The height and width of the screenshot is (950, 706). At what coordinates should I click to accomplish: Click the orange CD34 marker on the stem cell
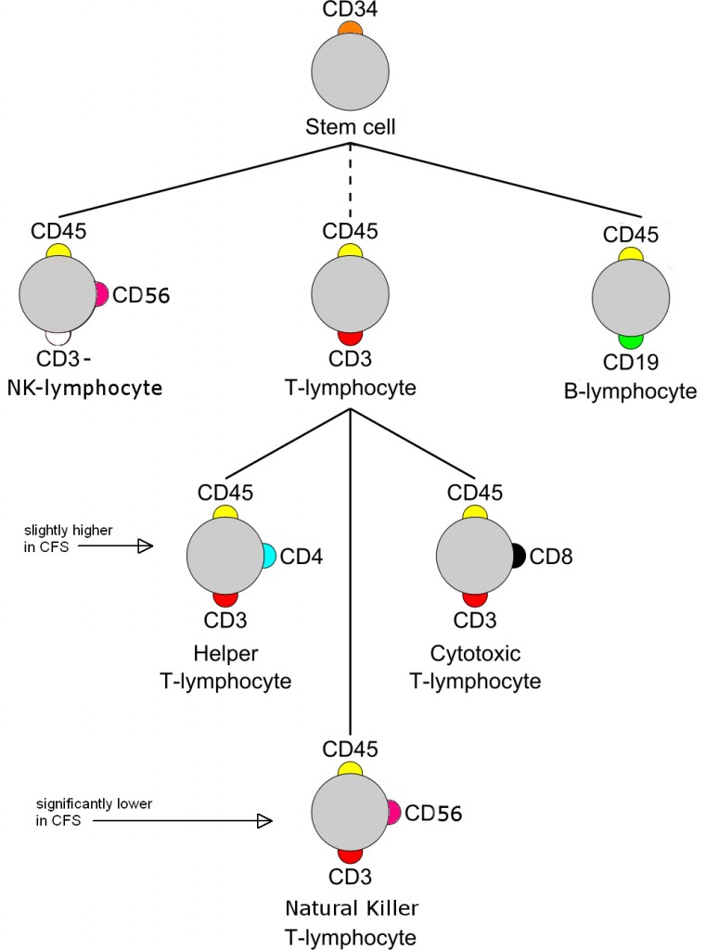[x=350, y=29]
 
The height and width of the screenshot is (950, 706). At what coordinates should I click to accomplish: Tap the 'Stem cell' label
[x=350, y=126]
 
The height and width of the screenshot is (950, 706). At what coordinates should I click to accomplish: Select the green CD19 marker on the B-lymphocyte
[x=632, y=340]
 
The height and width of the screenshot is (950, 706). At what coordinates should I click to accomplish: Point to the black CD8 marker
[x=518, y=556]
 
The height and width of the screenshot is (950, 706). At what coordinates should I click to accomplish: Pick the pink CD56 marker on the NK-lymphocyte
[x=101, y=295]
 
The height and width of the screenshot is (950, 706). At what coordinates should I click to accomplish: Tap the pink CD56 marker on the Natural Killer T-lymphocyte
[x=393, y=813]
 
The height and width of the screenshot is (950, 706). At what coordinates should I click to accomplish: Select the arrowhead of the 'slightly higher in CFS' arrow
[x=144, y=547]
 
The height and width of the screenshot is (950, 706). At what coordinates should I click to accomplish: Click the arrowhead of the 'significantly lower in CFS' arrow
[x=264, y=820]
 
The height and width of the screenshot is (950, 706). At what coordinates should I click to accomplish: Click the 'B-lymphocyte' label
[x=630, y=392]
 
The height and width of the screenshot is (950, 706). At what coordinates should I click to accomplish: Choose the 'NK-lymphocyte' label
[x=84, y=387]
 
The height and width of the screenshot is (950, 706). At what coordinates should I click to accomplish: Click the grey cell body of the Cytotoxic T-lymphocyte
[x=474, y=556]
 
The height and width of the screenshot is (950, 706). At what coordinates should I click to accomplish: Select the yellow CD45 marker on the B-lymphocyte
[x=631, y=254]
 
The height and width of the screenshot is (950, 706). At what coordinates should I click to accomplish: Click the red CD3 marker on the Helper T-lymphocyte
[x=225, y=599]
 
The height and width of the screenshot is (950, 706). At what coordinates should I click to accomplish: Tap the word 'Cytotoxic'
[x=475, y=655]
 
